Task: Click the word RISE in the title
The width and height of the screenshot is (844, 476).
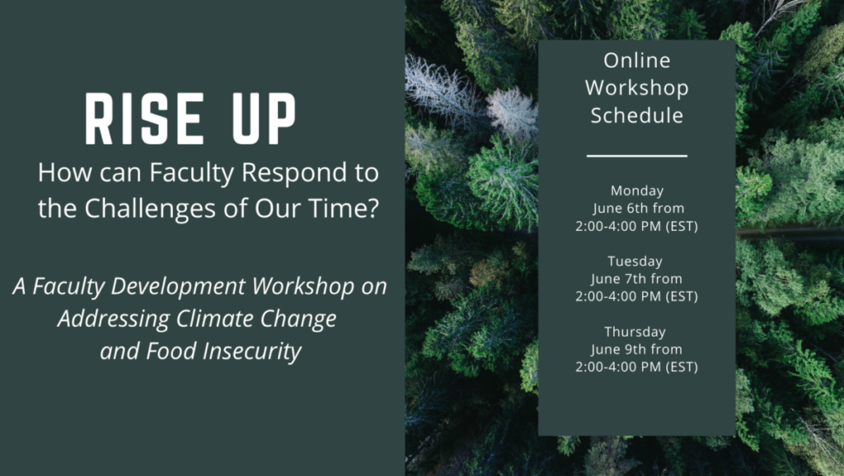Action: point(144,119)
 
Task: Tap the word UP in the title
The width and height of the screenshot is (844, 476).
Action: point(264,119)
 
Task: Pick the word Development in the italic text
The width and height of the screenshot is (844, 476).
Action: point(178,287)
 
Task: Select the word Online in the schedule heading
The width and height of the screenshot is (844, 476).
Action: point(637,60)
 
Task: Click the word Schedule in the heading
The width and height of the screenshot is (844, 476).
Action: point(637,115)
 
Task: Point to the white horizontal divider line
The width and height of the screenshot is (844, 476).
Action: point(637,156)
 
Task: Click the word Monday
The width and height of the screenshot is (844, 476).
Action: point(637,191)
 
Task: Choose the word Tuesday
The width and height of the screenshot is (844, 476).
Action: point(635,262)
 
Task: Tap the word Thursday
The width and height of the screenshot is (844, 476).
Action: point(635,332)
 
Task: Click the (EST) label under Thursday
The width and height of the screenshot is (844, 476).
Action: point(682,367)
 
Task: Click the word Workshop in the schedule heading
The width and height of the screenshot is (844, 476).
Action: point(637,87)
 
